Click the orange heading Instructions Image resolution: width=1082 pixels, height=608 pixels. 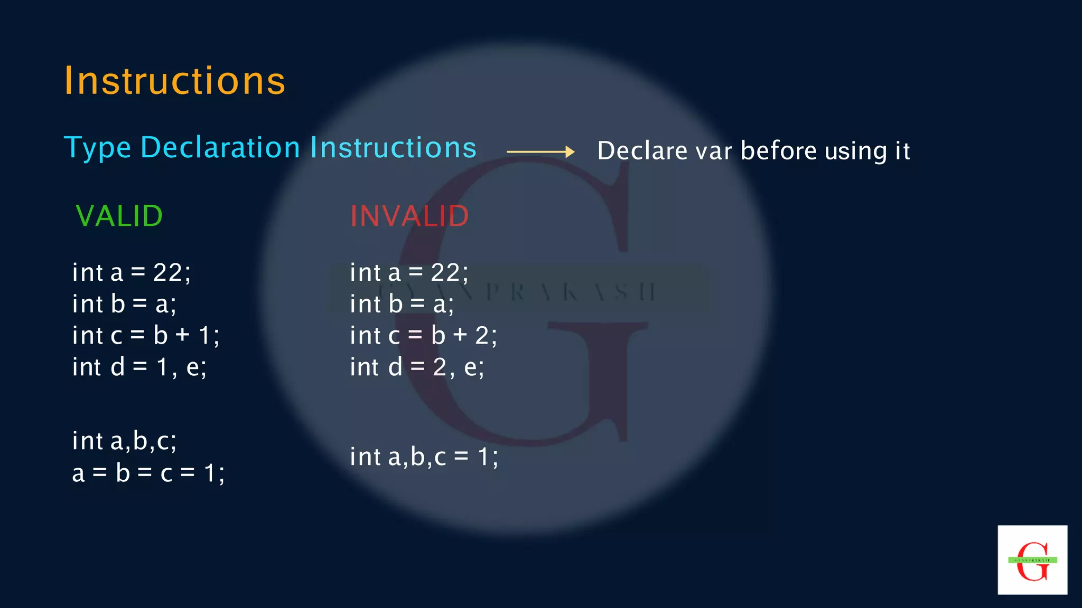[x=175, y=81]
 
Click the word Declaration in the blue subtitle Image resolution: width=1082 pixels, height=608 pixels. [x=220, y=147]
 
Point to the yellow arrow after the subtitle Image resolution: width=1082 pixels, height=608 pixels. [x=540, y=152]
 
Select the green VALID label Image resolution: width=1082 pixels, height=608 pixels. [x=119, y=216]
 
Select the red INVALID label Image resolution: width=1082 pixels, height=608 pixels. [x=409, y=216]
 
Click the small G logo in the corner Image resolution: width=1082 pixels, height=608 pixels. [x=1032, y=560]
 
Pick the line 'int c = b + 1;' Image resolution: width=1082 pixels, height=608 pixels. [x=146, y=336]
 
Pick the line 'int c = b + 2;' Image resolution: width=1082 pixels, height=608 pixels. [x=424, y=336]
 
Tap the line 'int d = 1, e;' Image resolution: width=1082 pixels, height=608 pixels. [x=139, y=367]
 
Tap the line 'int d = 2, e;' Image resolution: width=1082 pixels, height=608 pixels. [x=417, y=367]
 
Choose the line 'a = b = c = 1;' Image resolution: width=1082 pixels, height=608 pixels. [x=148, y=473]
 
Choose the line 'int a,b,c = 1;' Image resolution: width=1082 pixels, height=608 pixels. [x=424, y=457]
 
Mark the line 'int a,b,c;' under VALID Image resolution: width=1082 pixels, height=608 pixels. [x=125, y=441]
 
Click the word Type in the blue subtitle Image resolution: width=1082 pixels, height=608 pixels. [x=98, y=148]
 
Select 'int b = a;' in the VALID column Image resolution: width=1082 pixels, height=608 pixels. [x=125, y=305]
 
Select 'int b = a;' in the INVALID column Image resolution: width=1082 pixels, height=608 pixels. [x=402, y=305]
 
